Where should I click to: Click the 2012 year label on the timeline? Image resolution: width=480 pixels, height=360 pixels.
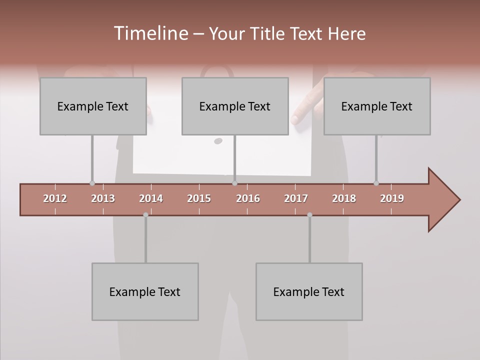[55, 198]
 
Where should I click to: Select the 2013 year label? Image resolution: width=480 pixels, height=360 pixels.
[103, 198]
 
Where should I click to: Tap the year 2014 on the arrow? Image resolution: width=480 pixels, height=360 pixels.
[151, 198]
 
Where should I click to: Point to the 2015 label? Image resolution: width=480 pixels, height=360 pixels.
[199, 198]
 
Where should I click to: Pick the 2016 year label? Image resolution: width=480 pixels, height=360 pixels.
[248, 198]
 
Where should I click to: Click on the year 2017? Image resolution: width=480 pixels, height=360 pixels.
[296, 198]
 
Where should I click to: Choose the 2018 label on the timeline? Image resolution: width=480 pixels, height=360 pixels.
[344, 198]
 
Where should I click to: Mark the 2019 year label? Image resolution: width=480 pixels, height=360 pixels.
[392, 198]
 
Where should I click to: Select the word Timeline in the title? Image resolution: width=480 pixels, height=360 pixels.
[150, 33]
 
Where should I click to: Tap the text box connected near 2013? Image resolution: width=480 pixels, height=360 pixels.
[93, 106]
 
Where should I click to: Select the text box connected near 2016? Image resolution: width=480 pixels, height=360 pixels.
[235, 106]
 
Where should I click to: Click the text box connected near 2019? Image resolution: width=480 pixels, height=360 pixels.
[377, 106]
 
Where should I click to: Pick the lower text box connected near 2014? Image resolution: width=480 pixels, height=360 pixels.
[145, 291]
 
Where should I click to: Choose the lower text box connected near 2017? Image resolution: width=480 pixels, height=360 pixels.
[309, 291]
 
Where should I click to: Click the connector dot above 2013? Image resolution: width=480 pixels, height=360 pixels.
[92, 183]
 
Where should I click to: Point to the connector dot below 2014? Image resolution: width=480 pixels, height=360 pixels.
[145, 215]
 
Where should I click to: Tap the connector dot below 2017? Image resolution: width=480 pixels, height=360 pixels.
[309, 215]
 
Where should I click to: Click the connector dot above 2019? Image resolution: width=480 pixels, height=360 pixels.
[376, 183]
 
